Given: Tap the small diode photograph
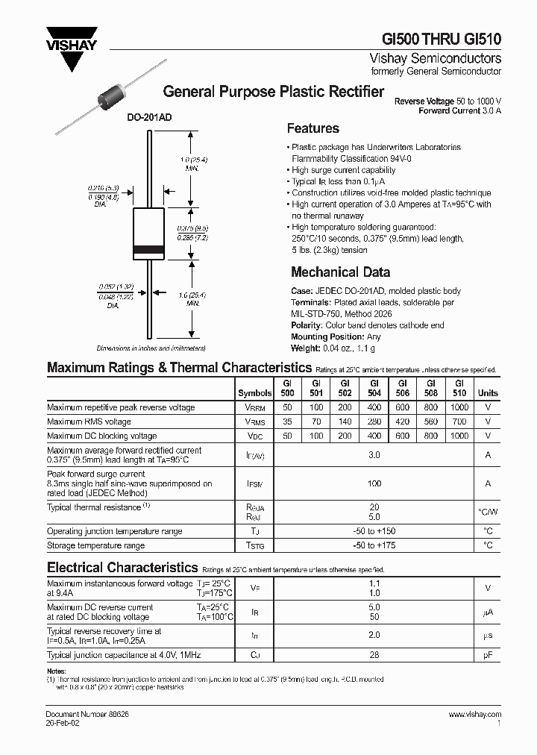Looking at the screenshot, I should [109, 98].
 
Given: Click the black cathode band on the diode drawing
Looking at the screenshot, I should [149, 248].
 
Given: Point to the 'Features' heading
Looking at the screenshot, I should [313, 128].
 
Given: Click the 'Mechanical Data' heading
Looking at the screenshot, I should [340, 272].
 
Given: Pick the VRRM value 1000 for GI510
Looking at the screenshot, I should [460, 408].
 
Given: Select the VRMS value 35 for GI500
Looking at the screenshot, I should [288, 422].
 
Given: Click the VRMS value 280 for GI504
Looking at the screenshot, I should [374, 422].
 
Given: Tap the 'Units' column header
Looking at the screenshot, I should [488, 392].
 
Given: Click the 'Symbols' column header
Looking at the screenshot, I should [255, 392].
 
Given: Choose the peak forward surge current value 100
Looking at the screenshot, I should [374, 483].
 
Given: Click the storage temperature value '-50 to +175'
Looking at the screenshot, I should [374, 546].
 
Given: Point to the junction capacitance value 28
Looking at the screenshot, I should [374, 655].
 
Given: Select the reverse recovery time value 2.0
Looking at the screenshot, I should [374, 635].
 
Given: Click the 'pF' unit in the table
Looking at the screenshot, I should [488, 655].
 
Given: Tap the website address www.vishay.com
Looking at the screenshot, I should [475, 714].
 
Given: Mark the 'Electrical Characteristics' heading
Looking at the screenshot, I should [122, 568].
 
